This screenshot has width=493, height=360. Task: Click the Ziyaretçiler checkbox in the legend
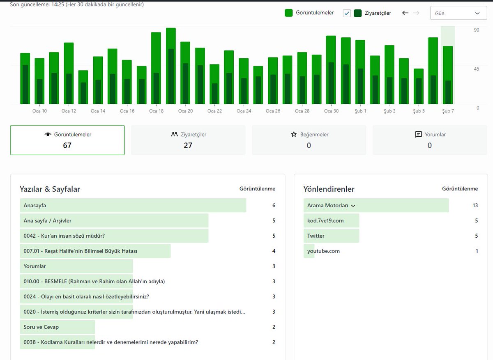(347, 13)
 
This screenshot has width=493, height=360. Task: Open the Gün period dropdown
(458, 13)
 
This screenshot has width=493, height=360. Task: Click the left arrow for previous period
(405, 13)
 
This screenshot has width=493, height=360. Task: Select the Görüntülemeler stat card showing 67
(67, 140)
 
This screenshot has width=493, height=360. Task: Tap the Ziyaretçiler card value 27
(188, 145)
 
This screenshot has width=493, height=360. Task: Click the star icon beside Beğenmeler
(294, 134)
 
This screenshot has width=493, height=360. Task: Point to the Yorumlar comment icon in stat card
(418, 134)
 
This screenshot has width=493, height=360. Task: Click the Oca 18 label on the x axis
(156, 111)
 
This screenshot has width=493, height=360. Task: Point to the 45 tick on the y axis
(477, 69)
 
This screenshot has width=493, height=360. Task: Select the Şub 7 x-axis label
(448, 111)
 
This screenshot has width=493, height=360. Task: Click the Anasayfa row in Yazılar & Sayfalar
(35, 205)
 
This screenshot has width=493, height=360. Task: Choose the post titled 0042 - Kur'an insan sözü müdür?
(64, 236)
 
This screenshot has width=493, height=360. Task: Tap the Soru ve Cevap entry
(41, 327)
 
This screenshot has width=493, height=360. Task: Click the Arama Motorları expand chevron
(353, 206)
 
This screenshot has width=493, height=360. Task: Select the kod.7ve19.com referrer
(325, 220)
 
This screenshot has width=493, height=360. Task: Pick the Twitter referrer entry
(316, 236)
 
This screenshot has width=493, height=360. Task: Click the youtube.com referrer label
(323, 251)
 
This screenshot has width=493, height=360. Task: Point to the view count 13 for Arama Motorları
(475, 205)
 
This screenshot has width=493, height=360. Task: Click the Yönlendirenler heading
(329, 189)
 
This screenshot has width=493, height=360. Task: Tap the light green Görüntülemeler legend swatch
(288, 13)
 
